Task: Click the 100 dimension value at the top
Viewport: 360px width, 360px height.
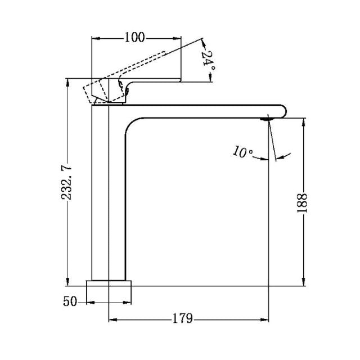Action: pos(135,38)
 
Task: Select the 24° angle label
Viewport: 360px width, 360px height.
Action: pos(208,59)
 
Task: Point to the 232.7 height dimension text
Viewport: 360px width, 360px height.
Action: pos(67,181)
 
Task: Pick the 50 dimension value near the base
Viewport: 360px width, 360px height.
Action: pos(70,302)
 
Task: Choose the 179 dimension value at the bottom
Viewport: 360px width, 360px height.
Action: pos(183,319)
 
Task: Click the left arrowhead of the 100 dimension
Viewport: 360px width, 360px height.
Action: pos(95,38)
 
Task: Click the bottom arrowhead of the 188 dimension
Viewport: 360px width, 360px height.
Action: pos(304,282)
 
